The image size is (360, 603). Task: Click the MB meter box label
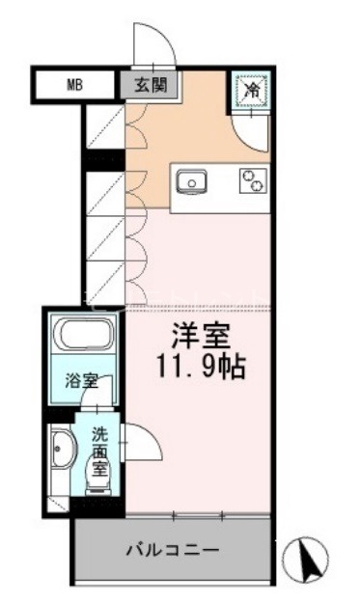tap(75, 85)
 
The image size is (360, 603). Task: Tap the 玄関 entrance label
tap(151, 85)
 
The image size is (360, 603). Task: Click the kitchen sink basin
tap(192, 181)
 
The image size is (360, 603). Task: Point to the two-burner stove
tap(253, 180)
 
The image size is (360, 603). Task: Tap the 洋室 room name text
tap(201, 336)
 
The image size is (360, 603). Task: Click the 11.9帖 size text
tap(201, 367)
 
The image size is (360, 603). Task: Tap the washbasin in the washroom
tap(64, 450)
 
